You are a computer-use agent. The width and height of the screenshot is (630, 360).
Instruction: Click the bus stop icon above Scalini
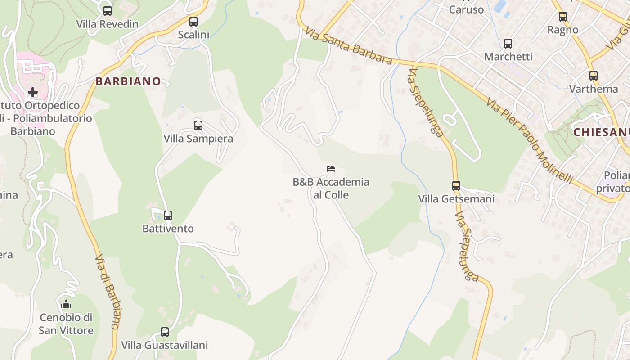point(193,21)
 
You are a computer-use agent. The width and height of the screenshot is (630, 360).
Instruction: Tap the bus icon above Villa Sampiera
point(198,126)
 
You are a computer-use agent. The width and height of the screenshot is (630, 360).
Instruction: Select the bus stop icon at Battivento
point(168,216)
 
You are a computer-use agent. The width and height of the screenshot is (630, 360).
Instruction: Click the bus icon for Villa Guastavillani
point(165,332)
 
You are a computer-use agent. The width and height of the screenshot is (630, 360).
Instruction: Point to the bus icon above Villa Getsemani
point(456,185)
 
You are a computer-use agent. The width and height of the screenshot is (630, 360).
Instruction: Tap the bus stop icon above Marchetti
point(508,44)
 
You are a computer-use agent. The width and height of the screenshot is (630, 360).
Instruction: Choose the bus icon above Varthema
point(594,76)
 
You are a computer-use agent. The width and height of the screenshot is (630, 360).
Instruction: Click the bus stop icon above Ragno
point(563,17)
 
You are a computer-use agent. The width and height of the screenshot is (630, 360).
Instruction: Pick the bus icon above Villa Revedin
point(107,11)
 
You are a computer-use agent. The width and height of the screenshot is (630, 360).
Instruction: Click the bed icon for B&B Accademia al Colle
point(331,169)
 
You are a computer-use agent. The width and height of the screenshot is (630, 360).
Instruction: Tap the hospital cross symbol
point(32,92)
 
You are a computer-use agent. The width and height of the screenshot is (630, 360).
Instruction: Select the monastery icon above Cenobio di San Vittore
point(66,305)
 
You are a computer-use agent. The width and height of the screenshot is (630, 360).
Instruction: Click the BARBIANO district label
point(128,81)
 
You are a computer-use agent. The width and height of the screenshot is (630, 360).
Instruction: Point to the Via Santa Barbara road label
point(348,45)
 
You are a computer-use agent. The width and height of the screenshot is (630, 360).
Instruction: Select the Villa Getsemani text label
point(456,199)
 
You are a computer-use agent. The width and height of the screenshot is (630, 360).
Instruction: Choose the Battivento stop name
point(168,229)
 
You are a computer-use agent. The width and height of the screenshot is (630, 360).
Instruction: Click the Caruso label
point(467,9)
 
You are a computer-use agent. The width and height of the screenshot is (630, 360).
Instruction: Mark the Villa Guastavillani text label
point(165,345)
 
